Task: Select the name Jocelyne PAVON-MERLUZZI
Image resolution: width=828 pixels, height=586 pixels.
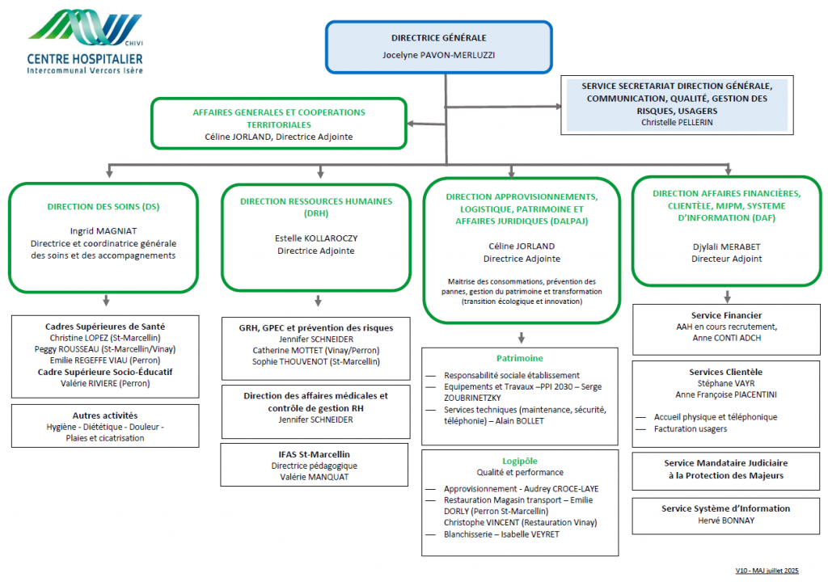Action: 439,55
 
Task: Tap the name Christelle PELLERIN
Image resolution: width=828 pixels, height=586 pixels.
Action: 677,123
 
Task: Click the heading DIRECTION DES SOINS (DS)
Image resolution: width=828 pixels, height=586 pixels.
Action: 103,206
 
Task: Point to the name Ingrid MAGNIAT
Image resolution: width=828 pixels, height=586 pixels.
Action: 103,231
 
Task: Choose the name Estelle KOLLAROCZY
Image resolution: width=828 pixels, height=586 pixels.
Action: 316,238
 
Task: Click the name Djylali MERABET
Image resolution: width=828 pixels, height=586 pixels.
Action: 727,247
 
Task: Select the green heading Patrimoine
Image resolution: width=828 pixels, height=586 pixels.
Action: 520,358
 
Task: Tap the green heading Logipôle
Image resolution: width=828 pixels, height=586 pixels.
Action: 520,461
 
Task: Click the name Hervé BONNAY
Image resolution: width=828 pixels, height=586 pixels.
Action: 726,521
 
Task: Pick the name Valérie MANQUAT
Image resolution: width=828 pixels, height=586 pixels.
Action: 315,477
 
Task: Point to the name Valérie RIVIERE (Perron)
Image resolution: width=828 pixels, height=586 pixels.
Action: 105,383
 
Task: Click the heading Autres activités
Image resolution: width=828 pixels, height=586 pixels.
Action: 105,415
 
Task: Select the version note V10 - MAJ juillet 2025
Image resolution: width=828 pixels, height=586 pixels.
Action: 767,571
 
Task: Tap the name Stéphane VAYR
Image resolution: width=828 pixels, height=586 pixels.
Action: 726,383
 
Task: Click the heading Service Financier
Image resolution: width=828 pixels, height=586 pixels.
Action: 727,315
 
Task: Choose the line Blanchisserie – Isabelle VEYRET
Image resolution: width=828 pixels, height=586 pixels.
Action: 501,534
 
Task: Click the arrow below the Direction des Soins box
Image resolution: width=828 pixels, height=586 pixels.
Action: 106,300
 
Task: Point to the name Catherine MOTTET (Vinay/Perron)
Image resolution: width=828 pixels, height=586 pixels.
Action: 316,351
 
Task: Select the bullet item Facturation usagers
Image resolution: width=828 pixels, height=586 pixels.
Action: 691,428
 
